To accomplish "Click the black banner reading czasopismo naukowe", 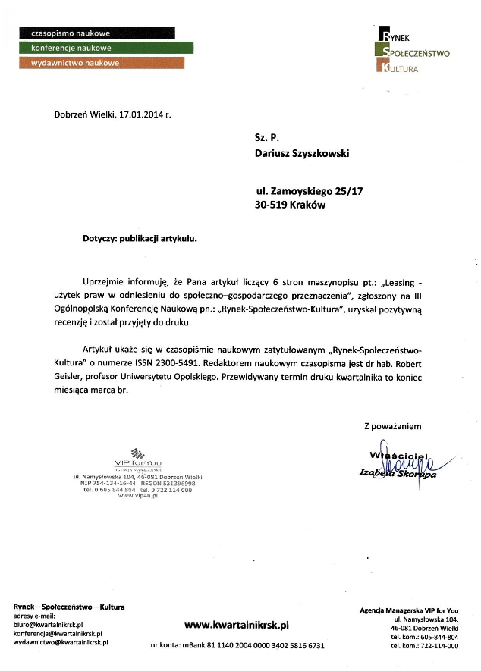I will click(x=96, y=33).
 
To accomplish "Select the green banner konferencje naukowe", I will click(x=106, y=48).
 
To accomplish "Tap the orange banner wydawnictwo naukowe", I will click(x=101, y=63).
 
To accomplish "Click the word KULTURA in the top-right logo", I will click(x=402, y=68).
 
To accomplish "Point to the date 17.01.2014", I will click(x=142, y=114).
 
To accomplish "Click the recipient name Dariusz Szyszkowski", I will click(x=302, y=153).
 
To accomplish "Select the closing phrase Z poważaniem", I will click(x=392, y=426).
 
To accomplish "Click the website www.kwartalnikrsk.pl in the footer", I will click(x=237, y=625).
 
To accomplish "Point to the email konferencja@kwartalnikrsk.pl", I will click(x=58, y=633).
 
